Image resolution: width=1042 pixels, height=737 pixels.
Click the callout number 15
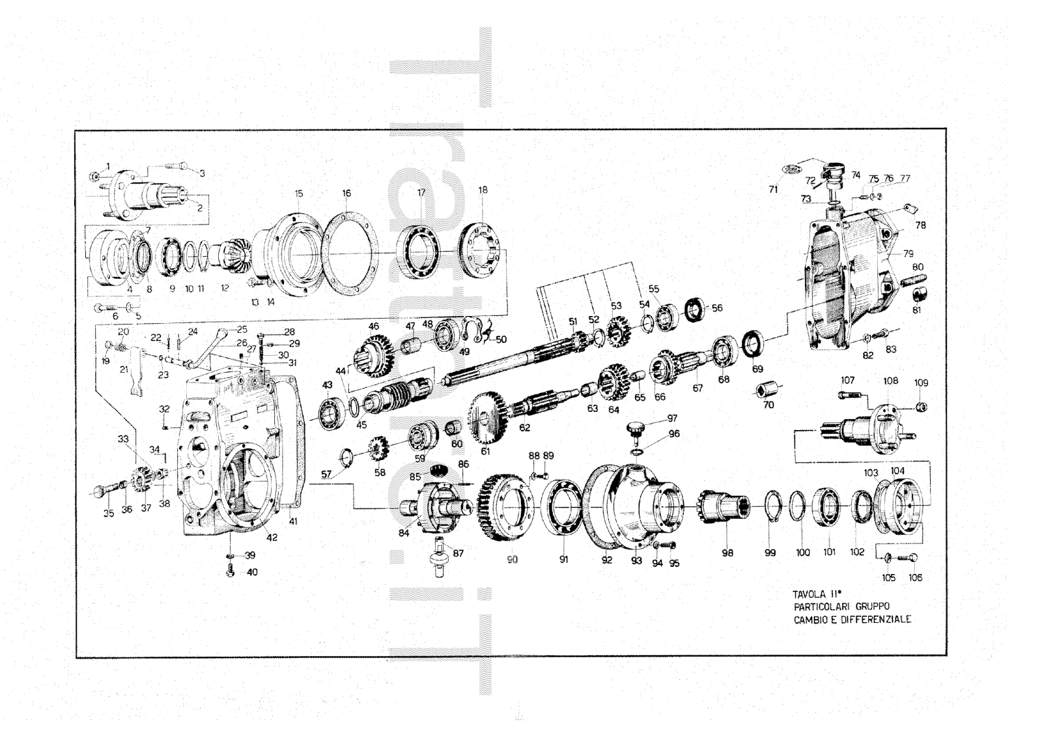[298, 194]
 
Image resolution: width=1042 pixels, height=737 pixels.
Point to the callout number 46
[373, 326]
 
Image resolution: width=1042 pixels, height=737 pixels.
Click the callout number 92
[606, 560]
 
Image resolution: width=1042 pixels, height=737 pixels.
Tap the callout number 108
[890, 381]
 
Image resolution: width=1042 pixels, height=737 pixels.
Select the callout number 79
[908, 253]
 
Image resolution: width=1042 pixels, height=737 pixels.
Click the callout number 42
[272, 538]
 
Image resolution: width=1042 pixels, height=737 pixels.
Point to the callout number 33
[123, 439]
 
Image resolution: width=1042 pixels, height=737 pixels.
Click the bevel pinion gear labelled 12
[232, 254]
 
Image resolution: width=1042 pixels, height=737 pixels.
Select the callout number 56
[716, 308]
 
